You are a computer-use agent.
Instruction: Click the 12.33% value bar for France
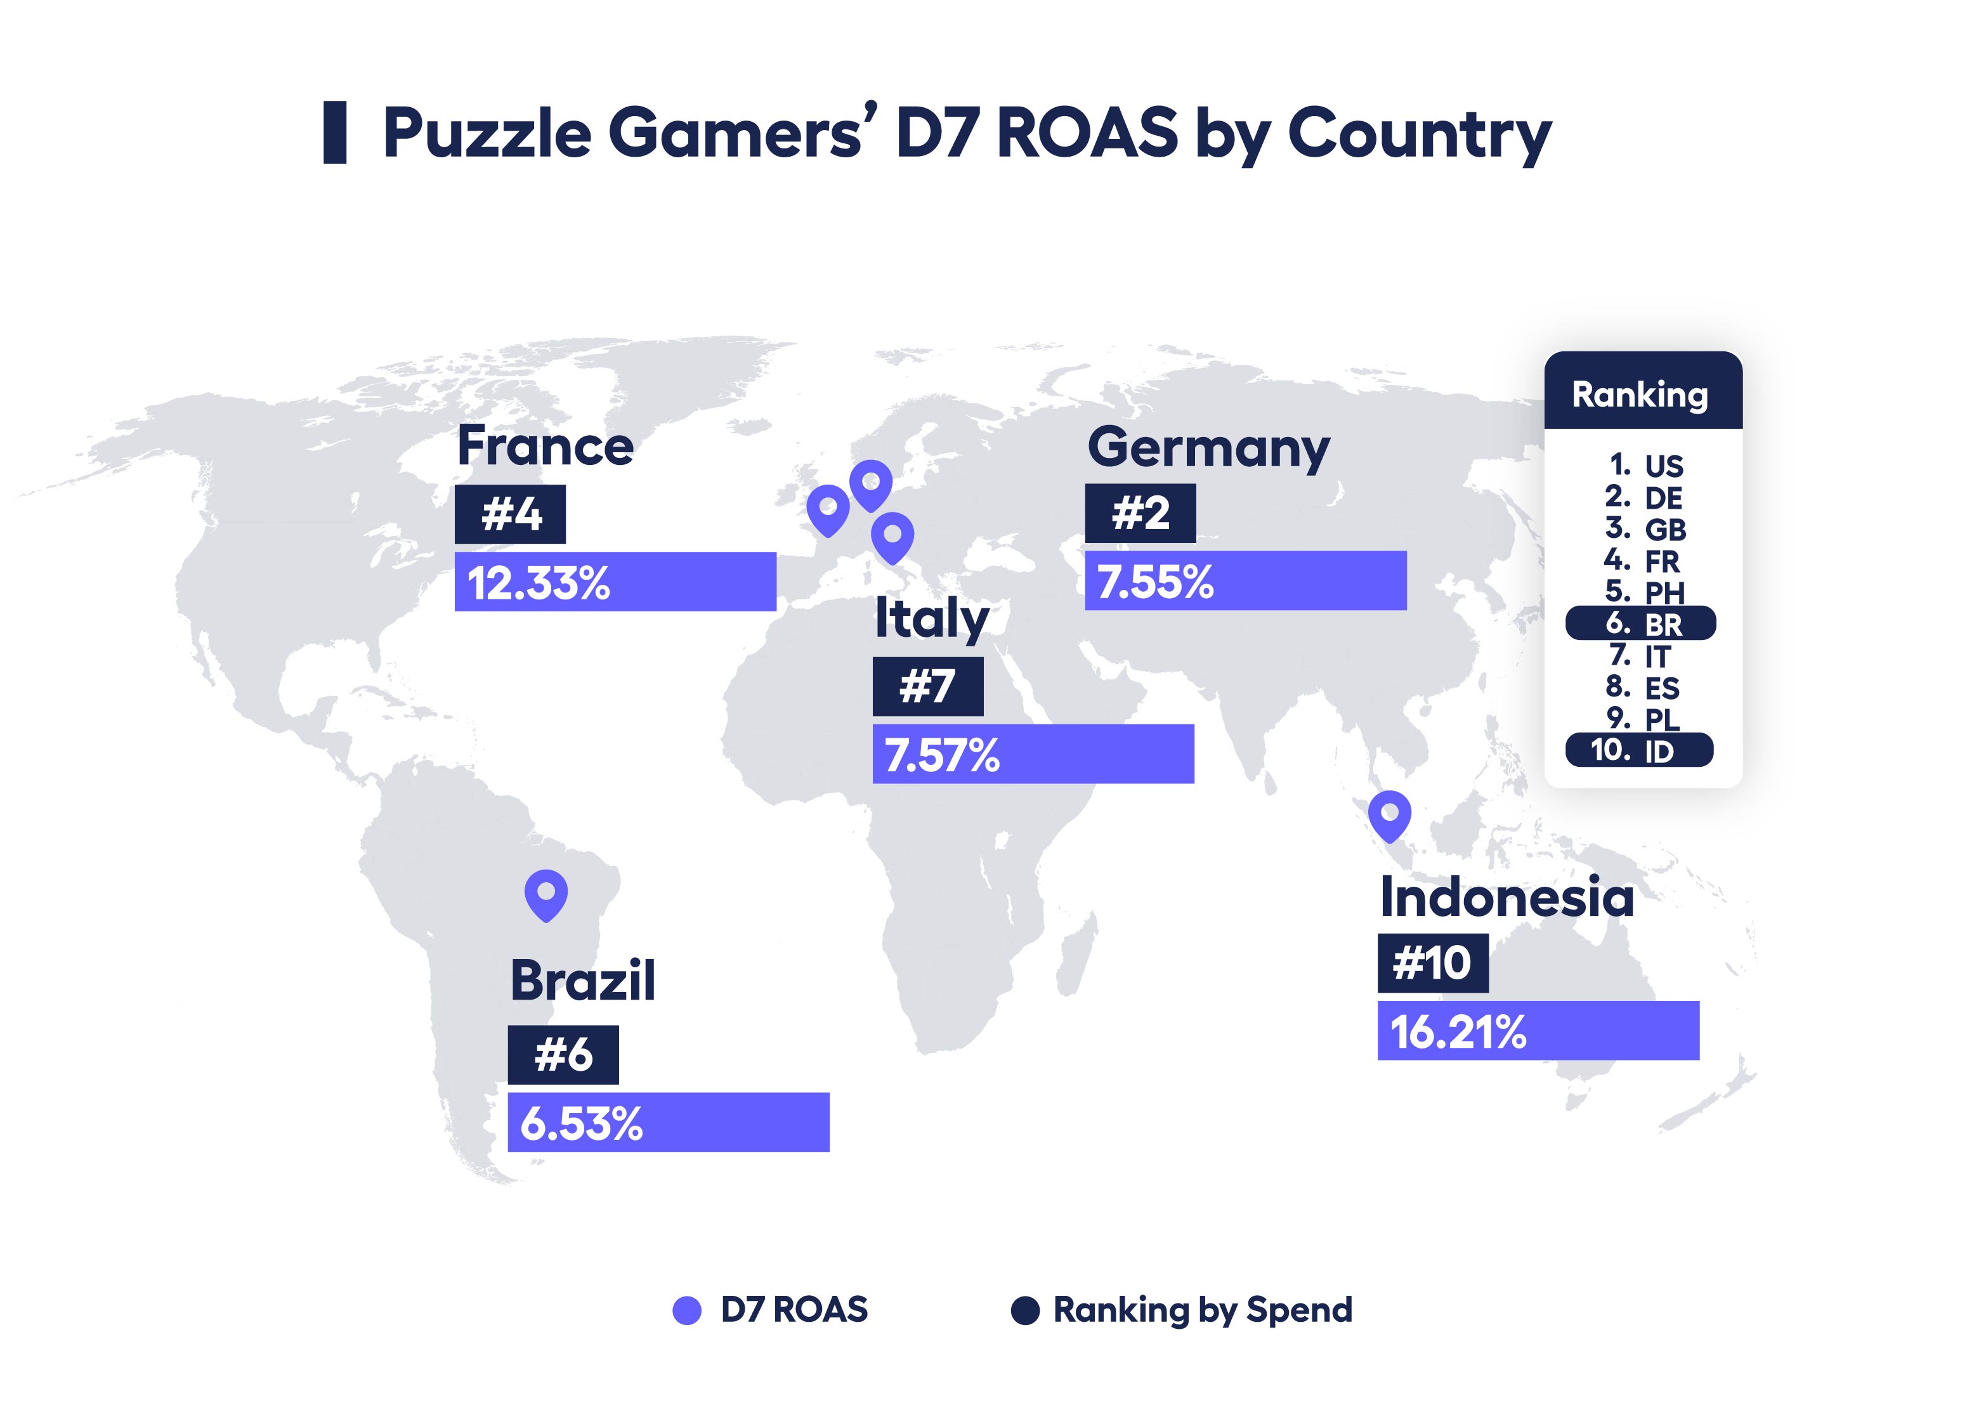[x=615, y=582]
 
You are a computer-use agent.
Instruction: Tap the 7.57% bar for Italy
[x=1032, y=754]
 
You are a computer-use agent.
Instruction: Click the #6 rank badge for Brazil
[x=563, y=1055]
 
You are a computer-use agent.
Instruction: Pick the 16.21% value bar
[x=1538, y=1030]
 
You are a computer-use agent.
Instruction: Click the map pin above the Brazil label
[x=546, y=894]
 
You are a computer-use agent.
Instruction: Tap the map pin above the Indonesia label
[x=1389, y=814]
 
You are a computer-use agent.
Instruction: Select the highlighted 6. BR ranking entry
[x=1640, y=624]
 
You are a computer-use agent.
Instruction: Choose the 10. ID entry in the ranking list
[x=1638, y=750]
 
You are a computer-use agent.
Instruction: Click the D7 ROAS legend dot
[x=687, y=1310]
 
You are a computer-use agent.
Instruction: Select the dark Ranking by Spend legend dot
[x=1025, y=1310]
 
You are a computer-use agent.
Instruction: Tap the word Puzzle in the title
[x=487, y=134]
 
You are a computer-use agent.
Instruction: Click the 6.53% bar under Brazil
[x=668, y=1122]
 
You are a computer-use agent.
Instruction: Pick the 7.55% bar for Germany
[x=1245, y=581]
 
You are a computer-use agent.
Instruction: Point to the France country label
[x=545, y=447]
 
